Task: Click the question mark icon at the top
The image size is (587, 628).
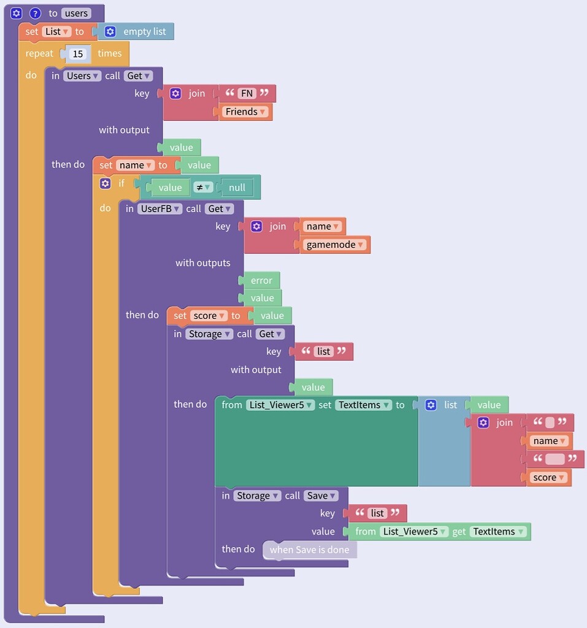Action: coord(35,13)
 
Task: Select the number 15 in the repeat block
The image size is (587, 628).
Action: coord(78,54)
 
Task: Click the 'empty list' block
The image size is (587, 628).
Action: coord(144,31)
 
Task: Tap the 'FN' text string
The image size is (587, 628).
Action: coord(247,94)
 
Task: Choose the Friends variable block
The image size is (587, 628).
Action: coord(245,112)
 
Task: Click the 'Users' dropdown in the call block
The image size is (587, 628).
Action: coord(82,76)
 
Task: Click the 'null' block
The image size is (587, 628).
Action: coord(237,188)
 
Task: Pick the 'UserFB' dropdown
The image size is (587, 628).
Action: coord(159,209)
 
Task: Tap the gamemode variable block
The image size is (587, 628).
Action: coord(335,245)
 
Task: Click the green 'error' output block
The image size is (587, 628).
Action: coord(261,280)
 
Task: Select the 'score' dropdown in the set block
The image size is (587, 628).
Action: coord(209,316)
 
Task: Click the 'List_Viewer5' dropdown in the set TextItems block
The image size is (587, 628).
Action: coord(280,405)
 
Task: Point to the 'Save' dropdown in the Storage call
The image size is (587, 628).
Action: coord(321,496)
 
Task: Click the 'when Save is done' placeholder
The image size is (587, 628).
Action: coord(309,549)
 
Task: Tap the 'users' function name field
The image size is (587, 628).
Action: coord(76,13)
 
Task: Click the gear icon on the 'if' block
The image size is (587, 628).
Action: coord(106,183)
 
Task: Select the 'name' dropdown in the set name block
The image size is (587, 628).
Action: coord(135,165)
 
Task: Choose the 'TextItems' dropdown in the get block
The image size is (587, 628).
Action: coord(498,532)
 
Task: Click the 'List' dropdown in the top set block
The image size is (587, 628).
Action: coord(56,31)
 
